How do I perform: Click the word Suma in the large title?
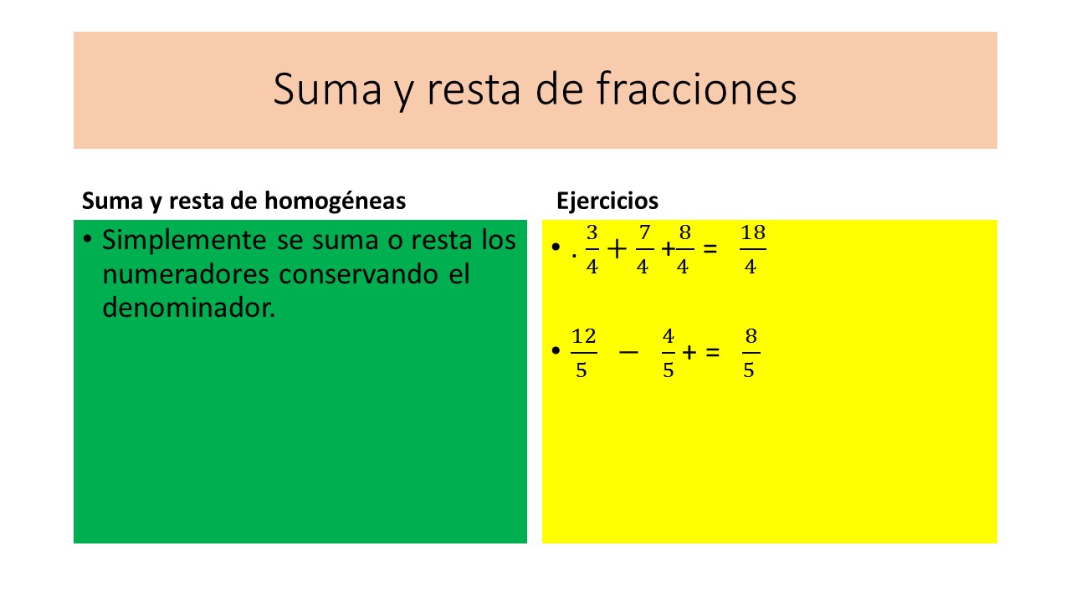pyautogui.click(x=327, y=89)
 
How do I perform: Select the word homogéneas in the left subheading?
pyautogui.click(x=336, y=202)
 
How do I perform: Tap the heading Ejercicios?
pyautogui.click(x=607, y=202)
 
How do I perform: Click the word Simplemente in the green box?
pyautogui.click(x=185, y=241)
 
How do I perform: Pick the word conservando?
pyautogui.click(x=359, y=274)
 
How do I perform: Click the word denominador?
pyautogui.click(x=189, y=307)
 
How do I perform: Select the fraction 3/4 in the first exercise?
pyautogui.click(x=592, y=249)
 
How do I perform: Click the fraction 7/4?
pyautogui.click(x=644, y=249)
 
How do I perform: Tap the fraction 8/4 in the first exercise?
pyautogui.click(x=684, y=249)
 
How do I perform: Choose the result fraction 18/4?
pyautogui.click(x=752, y=249)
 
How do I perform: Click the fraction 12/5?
pyautogui.click(x=583, y=353)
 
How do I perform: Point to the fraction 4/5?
pyautogui.click(x=668, y=353)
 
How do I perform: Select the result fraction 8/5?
pyautogui.click(x=751, y=353)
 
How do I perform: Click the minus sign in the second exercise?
pyautogui.click(x=628, y=353)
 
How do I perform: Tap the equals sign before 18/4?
pyautogui.click(x=710, y=249)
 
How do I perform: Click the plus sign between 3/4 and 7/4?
pyautogui.click(x=617, y=249)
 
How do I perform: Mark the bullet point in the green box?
pyautogui.click(x=87, y=238)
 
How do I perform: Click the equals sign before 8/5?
pyautogui.click(x=712, y=353)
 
